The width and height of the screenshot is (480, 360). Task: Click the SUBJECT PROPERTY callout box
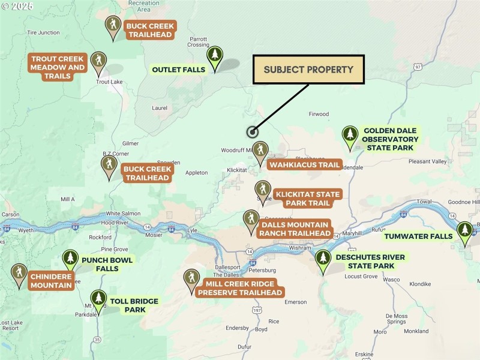tap(308, 70)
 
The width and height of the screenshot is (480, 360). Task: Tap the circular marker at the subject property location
tap(252, 132)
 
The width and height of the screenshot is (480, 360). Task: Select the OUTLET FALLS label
tap(178, 70)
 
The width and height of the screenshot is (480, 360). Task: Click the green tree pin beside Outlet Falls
tap(214, 56)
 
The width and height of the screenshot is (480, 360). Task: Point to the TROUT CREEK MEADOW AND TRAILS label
tap(58, 68)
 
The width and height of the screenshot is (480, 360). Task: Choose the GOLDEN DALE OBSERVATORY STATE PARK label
tap(389, 139)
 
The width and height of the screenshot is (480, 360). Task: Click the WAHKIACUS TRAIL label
tap(304, 165)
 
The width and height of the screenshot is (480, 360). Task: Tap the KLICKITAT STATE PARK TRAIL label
tap(307, 199)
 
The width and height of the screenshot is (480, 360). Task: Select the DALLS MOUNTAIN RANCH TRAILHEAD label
tap(295, 229)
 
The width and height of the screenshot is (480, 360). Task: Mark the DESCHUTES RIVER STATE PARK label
tap(370, 262)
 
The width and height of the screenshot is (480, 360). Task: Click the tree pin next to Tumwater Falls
tap(464, 232)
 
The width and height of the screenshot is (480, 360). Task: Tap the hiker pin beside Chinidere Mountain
tap(19, 274)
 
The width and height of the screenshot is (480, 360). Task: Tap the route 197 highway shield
tap(257, 310)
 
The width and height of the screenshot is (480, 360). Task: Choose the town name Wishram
tap(299, 247)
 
